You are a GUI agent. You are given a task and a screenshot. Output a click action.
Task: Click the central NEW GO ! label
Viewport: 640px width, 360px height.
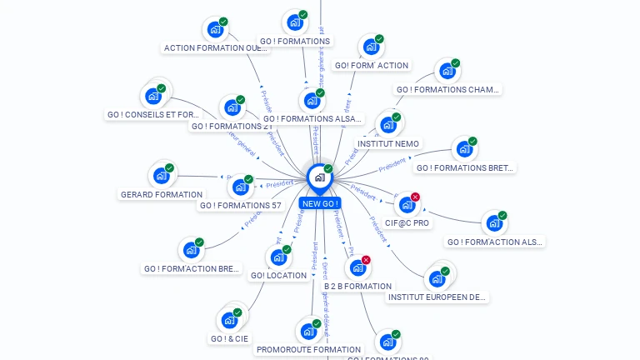click(x=320, y=203)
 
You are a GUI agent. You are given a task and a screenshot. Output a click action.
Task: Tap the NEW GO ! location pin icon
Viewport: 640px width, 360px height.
click(x=319, y=177)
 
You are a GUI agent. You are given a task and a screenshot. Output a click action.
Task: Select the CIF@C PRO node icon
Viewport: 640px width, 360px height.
click(x=407, y=205)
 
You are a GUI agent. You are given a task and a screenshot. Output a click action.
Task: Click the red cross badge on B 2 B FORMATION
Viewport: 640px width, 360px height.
click(x=366, y=260)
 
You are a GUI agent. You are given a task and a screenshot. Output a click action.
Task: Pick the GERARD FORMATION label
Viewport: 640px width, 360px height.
click(x=162, y=194)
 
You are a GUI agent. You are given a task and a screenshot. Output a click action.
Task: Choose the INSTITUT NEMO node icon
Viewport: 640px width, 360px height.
click(x=387, y=126)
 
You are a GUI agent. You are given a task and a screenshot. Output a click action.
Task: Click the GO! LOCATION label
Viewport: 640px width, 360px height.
click(x=278, y=275)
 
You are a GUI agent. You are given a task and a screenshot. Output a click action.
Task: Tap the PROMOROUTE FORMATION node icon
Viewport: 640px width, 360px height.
click(x=308, y=331)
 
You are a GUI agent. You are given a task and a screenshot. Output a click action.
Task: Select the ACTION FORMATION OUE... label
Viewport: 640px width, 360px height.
click(x=217, y=47)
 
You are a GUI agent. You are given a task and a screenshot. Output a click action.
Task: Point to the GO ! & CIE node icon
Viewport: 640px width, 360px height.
click(x=229, y=320)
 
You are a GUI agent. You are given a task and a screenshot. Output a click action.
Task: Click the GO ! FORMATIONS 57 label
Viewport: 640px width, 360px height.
click(x=241, y=205)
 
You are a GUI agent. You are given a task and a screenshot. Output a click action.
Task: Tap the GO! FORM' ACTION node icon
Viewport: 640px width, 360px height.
click(x=371, y=47)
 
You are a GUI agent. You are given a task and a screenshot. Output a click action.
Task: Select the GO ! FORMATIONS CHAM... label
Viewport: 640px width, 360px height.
click(x=447, y=89)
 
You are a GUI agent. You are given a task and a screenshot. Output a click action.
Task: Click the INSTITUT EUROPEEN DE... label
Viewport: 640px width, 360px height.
click(x=437, y=297)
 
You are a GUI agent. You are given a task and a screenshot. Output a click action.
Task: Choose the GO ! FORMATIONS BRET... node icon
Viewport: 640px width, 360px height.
click(x=464, y=150)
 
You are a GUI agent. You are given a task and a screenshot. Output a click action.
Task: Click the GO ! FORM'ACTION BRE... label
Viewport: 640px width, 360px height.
click(x=192, y=268)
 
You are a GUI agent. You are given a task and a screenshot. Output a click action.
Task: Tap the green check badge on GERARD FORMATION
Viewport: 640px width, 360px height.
click(x=169, y=168)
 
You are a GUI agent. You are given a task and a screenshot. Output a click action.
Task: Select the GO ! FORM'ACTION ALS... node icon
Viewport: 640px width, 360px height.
click(x=494, y=223)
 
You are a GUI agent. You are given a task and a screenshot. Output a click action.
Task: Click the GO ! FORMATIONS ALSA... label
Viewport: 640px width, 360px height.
click(x=312, y=118)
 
